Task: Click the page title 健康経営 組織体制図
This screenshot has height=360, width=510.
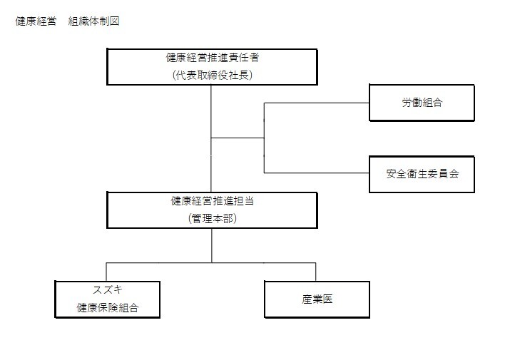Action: tap(67, 21)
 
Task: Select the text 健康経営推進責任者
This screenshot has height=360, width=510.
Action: tap(213, 58)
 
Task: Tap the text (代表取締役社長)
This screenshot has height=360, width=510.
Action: tap(213, 75)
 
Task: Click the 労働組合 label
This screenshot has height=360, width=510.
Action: tap(422, 103)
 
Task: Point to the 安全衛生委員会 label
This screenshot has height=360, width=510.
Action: tap(422, 174)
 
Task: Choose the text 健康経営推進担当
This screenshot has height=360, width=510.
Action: tap(213, 200)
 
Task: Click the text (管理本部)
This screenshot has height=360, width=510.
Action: tap(213, 218)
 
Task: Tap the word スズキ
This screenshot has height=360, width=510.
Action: tap(108, 289)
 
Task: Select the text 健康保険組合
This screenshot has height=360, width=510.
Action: tap(108, 307)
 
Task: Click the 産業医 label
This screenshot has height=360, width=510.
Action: tap(317, 299)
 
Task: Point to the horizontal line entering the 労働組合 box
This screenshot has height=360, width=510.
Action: tap(317, 103)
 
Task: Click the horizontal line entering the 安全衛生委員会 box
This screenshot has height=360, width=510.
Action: tap(317, 173)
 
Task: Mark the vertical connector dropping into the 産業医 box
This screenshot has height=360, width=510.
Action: tap(315, 272)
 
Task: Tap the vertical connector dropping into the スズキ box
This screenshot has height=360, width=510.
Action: tap(106, 272)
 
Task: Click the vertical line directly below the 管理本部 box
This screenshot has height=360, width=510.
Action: tap(212, 245)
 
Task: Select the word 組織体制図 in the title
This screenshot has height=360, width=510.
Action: tap(93, 21)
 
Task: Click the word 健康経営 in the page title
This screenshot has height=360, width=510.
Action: tap(36, 21)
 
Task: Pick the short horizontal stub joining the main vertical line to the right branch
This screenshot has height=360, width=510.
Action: tap(238, 138)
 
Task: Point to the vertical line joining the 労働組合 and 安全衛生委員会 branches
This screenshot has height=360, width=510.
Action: tap(264, 138)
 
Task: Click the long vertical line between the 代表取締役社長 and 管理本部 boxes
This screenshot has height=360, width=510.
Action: tap(211, 138)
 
